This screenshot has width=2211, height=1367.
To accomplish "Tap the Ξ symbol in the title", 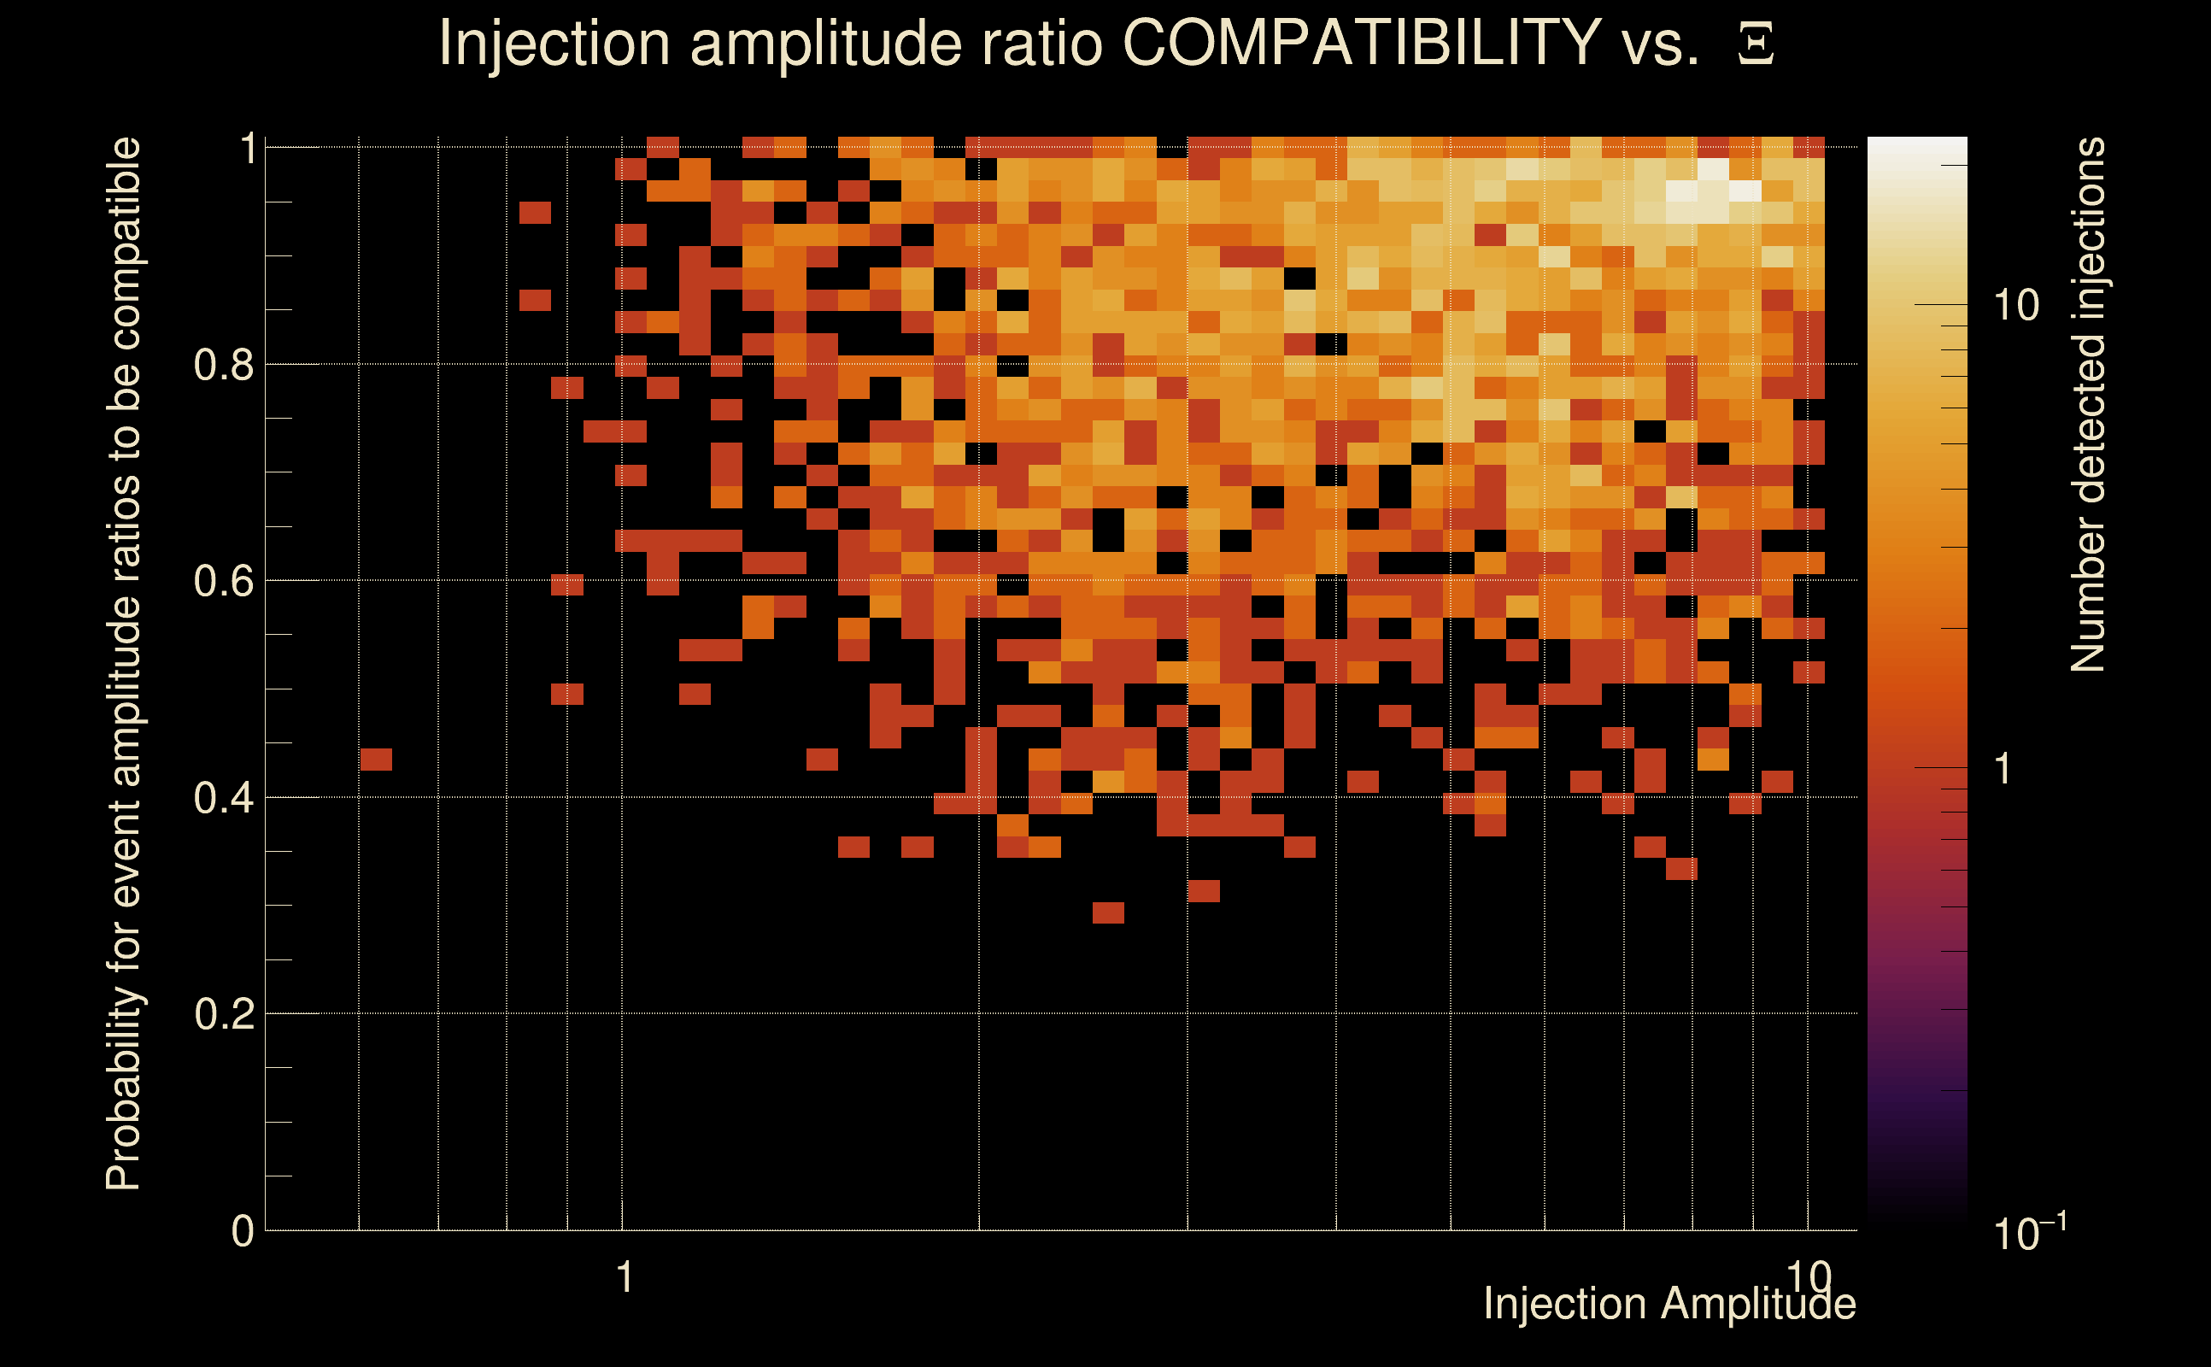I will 1756,44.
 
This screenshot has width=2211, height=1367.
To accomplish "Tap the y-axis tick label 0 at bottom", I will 243,1230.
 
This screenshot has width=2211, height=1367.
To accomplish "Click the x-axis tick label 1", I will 624,1276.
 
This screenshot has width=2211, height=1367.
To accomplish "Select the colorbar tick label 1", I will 2003,768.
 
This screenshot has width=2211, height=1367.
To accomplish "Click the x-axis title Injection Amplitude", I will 1669,1304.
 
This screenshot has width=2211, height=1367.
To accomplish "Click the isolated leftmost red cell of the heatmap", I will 376,760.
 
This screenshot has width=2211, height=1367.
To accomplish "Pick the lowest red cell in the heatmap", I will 1108,912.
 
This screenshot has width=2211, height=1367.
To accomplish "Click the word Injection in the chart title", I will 554,43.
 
